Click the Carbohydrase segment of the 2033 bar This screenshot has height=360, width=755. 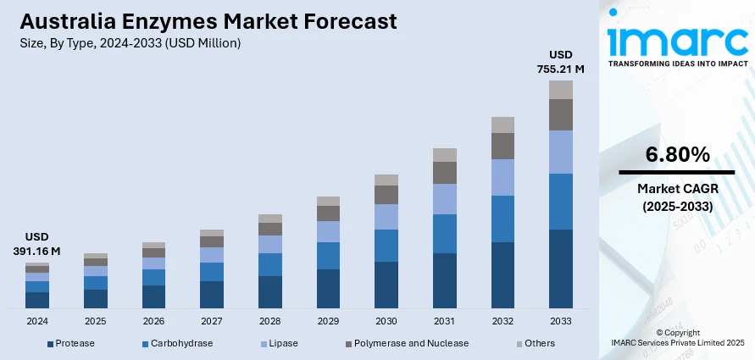tap(561, 202)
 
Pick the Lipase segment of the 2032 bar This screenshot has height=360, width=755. tap(502, 177)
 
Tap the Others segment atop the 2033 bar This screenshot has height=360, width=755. tap(561, 90)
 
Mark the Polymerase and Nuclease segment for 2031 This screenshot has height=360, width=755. tap(444, 173)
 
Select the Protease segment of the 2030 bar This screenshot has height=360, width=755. tap(386, 284)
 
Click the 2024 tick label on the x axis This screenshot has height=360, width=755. tap(37, 322)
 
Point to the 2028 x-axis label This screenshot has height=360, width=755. tap(269, 322)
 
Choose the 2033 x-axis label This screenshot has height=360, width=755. tap(561, 322)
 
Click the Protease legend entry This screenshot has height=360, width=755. tap(71, 343)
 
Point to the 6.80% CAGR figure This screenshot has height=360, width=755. tap(676, 155)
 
